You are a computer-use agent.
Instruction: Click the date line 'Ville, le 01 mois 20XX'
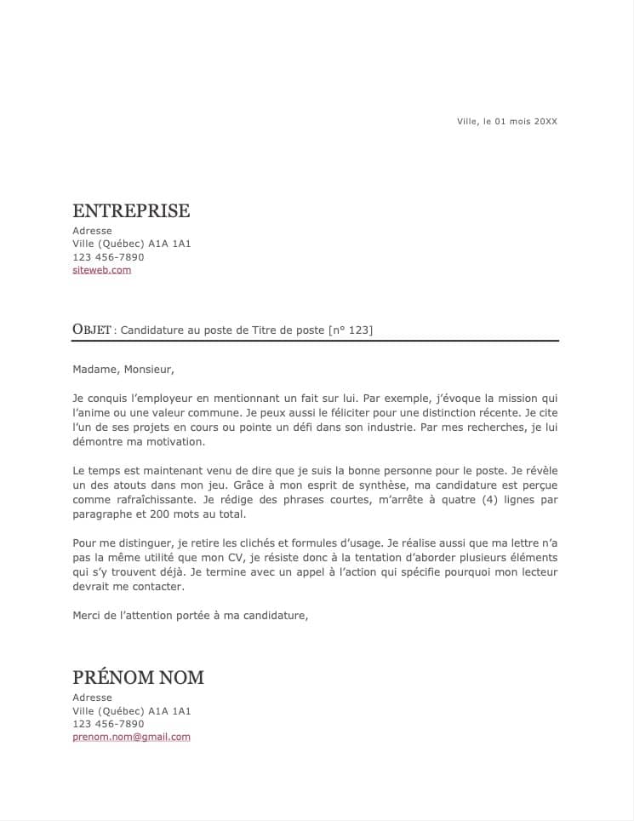pyautogui.click(x=507, y=122)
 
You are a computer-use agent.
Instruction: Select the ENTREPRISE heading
pyautogui.click(x=131, y=211)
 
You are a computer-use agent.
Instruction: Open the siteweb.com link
pyautogui.click(x=102, y=270)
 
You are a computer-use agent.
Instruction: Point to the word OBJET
pyautogui.click(x=92, y=330)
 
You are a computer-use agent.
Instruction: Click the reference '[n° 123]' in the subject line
pyautogui.click(x=351, y=330)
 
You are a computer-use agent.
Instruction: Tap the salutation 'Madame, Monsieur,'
pyautogui.click(x=123, y=370)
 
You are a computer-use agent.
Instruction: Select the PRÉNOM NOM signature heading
pyautogui.click(x=138, y=678)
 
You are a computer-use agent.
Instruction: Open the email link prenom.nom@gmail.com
pyautogui.click(x=131, y=737)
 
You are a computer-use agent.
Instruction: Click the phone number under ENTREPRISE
pyautogui.click(x=108, y=257)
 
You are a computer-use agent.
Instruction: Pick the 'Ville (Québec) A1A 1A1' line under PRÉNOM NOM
pyautogui.click(x=131, y=711)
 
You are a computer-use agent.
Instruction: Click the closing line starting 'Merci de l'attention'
pyautogui.click(x=190, y=615)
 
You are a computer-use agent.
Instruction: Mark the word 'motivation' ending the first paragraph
pyautogui.click(x=176, y=442)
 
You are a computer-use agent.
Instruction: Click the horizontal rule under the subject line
pyautogui.click(x=315, y=341)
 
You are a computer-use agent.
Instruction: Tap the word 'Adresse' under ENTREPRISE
pyautogui.click(x=92, y=231)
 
